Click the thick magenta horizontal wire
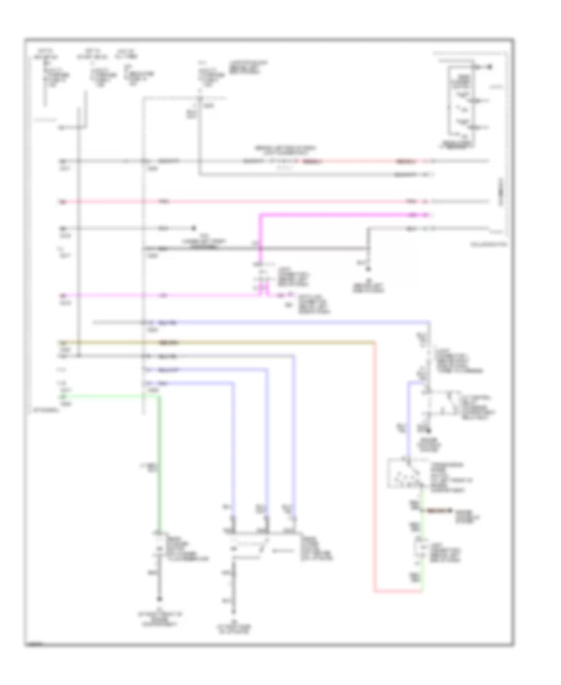343,215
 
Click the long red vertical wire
375,467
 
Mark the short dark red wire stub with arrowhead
436,511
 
